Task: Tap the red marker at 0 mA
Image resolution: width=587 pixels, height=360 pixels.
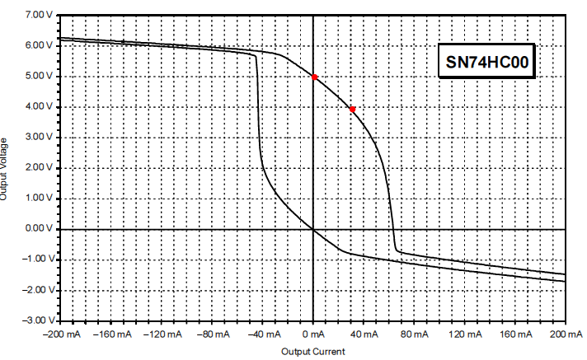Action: point(314,77)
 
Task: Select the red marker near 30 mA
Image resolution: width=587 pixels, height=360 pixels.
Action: point(352,109)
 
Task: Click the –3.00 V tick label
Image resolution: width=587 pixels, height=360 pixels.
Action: point(37,320)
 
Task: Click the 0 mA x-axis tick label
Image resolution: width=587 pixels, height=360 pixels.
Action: point(314,334)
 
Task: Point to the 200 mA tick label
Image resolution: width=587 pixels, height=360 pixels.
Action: point(565,334)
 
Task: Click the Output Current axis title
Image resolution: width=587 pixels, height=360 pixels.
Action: point(313,352)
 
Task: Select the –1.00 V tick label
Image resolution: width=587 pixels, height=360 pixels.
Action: point(37,259)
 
